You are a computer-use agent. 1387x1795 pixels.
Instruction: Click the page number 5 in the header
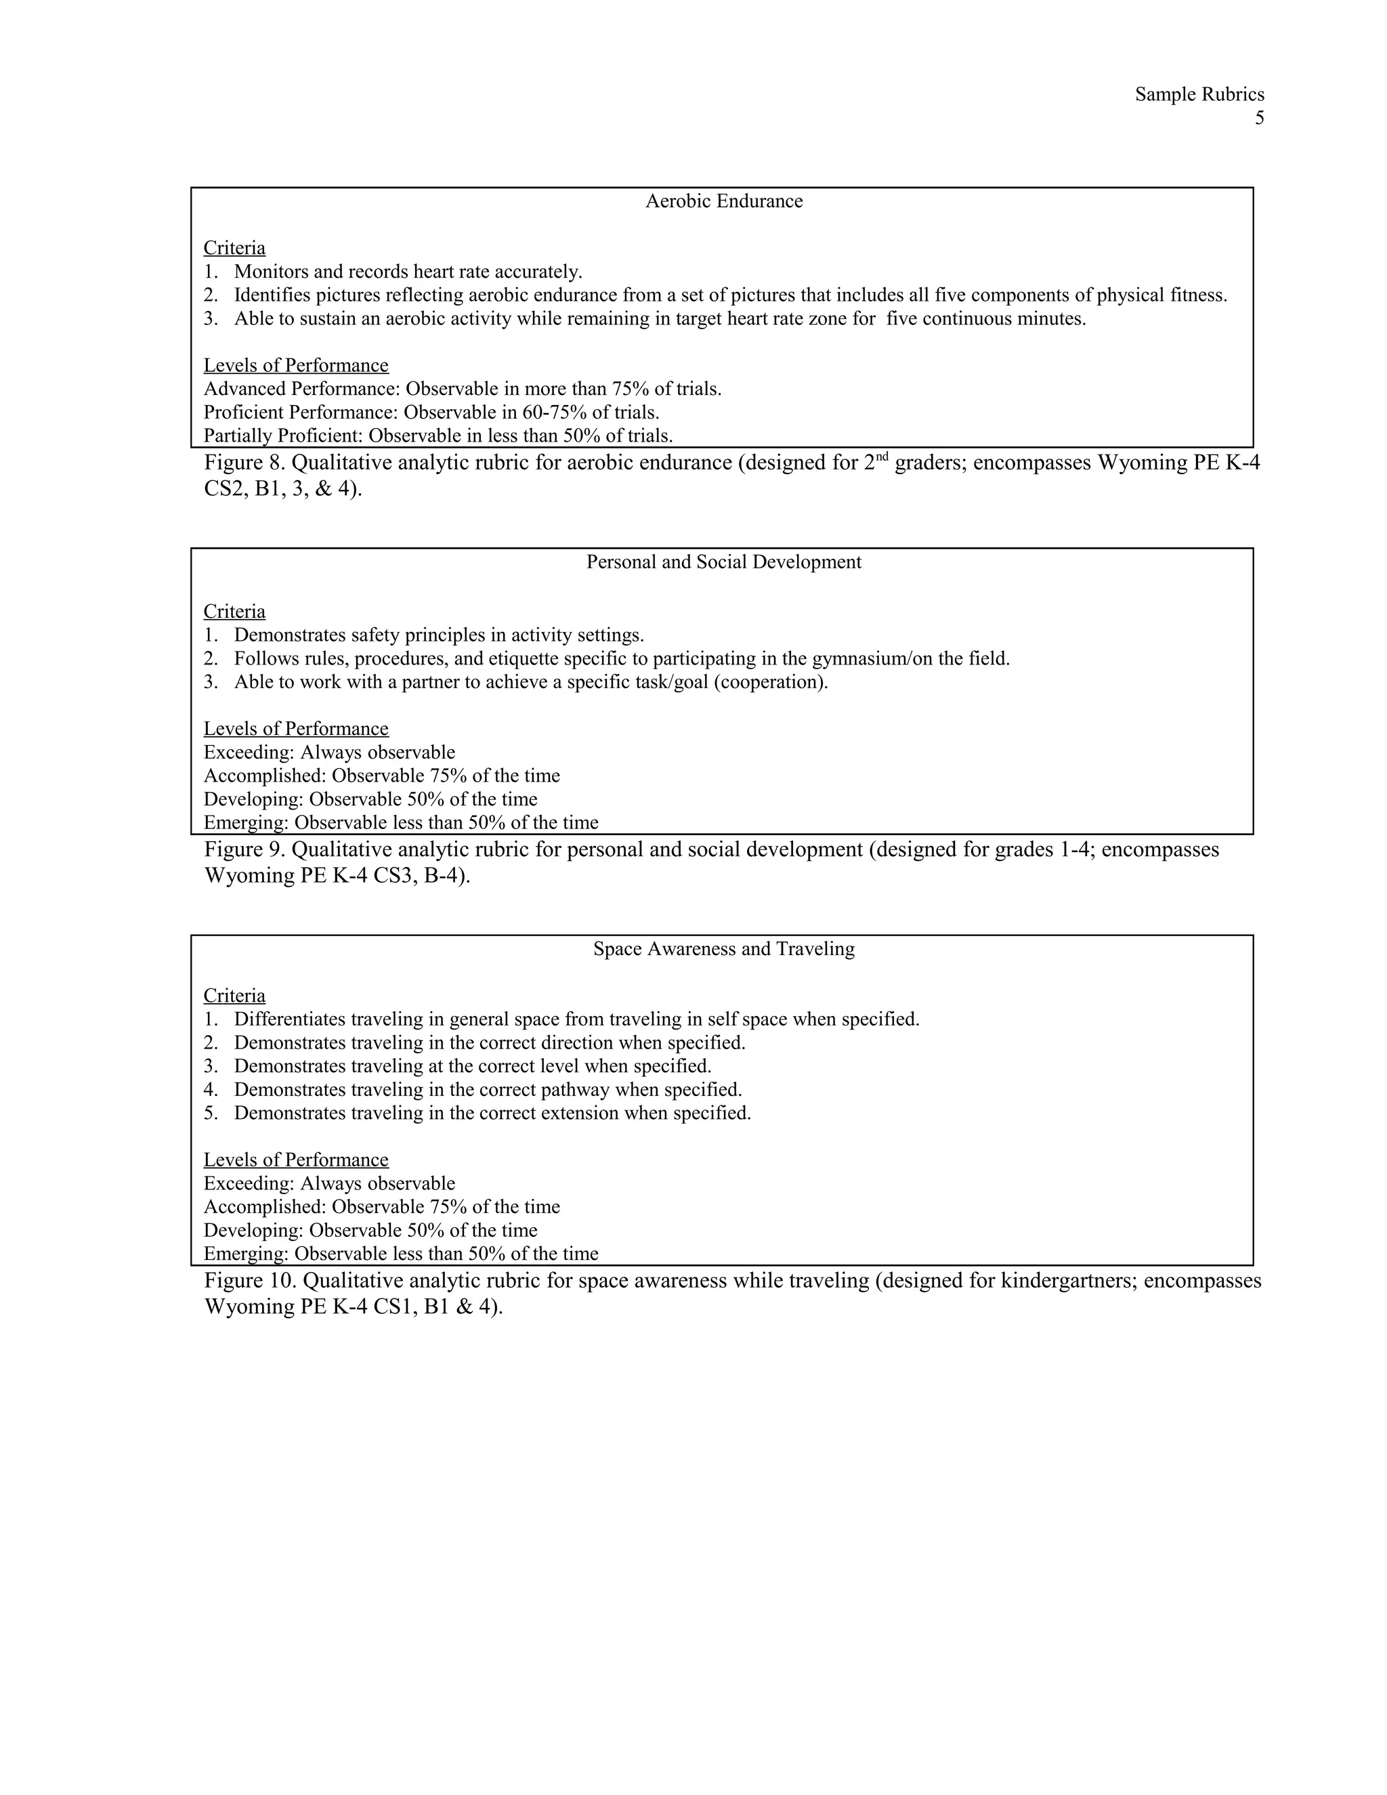click(1259, 119)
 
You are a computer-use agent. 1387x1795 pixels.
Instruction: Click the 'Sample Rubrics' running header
click(1199, 95)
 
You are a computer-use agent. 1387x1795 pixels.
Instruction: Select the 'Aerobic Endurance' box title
click(723, 201)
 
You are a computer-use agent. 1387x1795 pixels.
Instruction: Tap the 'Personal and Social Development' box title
click(723, 562)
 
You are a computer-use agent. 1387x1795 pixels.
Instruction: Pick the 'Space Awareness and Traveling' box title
click(723, 949)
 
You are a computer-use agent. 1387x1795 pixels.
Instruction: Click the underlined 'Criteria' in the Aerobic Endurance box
click(234, 248)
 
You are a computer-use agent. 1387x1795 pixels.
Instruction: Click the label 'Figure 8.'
click(244, 463)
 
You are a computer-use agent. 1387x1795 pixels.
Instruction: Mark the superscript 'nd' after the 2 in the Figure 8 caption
click(881, 457)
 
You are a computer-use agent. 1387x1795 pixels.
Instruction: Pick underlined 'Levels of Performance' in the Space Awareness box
click(296, 1160)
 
